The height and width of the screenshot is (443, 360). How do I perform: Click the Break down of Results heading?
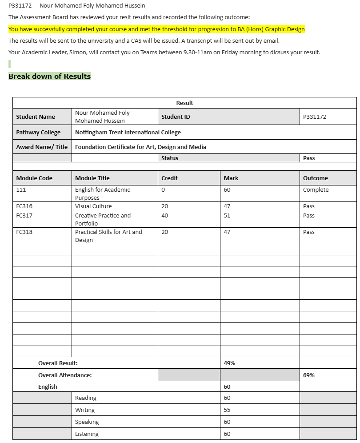pyautogui.click(x=49, y=76)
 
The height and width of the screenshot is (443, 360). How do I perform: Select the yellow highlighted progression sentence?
pyautogui.click(x=156, y=29)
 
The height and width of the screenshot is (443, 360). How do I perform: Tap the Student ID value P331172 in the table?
pyautogui.click(x=314, y=117)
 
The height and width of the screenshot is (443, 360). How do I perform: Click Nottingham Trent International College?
pyautogui.click(x=128, y=133)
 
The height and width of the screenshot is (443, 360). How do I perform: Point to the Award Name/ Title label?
pyautogui.click(x=42, y=147)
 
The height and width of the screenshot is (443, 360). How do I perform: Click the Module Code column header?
pyautogui.click(x=34, y=178)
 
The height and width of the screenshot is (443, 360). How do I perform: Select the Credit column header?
pyautogui.click(x=169, y=178)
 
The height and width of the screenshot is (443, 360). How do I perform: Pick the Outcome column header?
pyautogui.click(x=315, y=178)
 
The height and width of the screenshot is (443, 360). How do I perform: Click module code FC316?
pyautogui.click(x=24, y=206)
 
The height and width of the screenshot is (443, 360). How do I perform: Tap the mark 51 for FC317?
pyautogui.click(x=227, y=216)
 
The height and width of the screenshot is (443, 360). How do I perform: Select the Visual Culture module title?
pyautogui.click(x=93, y=206)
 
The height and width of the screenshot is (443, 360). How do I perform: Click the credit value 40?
pyautogui.click(x=165, y=216)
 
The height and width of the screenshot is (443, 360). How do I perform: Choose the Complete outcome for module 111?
pyautogui.click(x=316, y=190)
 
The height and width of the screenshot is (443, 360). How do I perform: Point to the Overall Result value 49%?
pyautogui.click(x=229, y=363)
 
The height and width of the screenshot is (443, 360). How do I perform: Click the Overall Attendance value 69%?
pyautogui.click(x=309, y=375)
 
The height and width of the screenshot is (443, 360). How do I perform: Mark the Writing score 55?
pyautogui.click(x=227, y=410)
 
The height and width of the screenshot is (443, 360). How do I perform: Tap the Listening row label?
pyautogui.click(x=87, y=434)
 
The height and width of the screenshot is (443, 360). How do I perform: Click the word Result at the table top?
pyautogui.click(x=184, y=103)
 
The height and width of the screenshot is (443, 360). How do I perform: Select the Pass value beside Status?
pyautogui.click(x=309, y=158)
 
